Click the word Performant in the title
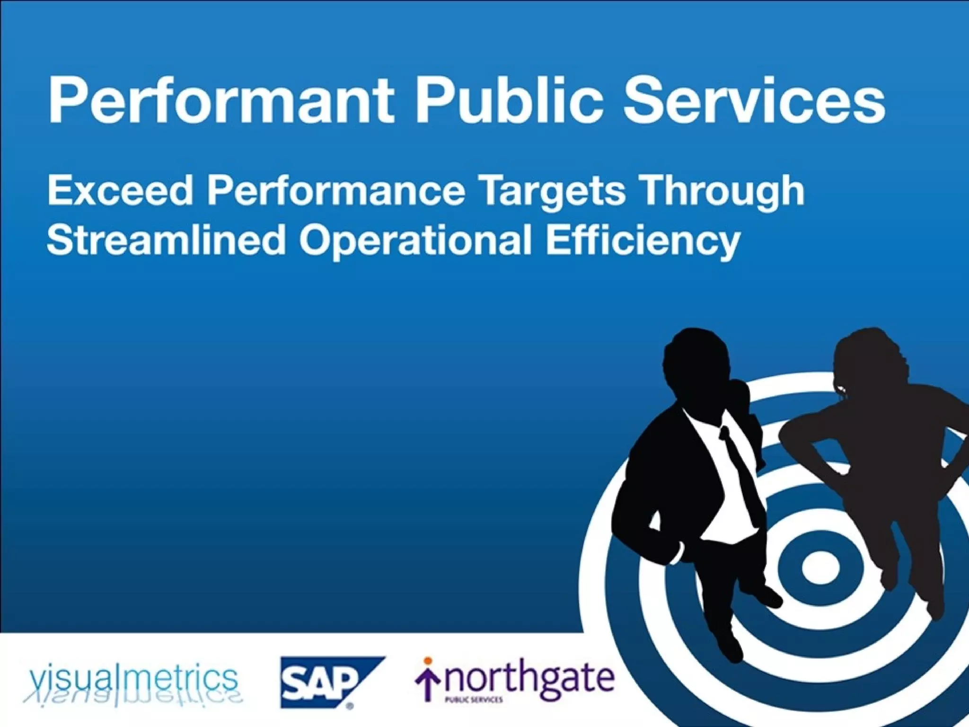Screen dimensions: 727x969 [x=220, y=100]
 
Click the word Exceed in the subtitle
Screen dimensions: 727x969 [x=120, y=190]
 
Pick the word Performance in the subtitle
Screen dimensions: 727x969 [x=336, y=191]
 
